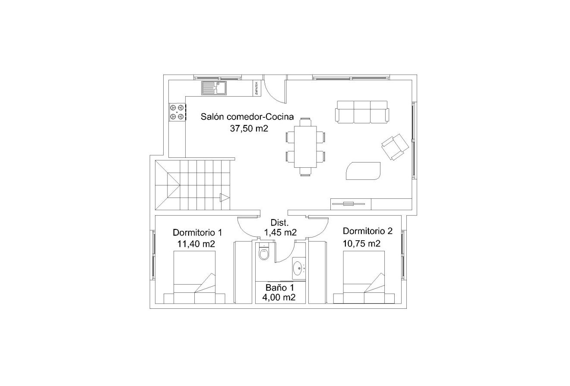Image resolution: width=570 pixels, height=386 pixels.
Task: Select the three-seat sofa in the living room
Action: pyautogui.click(x=362, y=112)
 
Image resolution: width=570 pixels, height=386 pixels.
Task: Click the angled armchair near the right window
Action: pyautogui.click(x=395, y=147)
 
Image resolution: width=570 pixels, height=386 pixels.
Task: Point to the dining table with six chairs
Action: pyautogui.click(x=305, y=147)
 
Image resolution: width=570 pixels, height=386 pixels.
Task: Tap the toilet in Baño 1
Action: pyautogui.click(x=263, y=253)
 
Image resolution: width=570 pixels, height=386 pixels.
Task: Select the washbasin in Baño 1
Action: pyautogui.click(x=298, y=269)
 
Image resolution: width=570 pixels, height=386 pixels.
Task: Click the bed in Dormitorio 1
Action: pyautogui.click(x=194, y=278)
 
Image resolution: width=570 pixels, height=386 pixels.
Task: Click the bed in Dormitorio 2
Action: pyautogui.click(x=364, y=278)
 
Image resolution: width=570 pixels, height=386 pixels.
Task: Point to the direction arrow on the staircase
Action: pyautogui.click(x=225, y=198)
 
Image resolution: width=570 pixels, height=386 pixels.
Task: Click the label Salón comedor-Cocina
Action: pyautogui.click(x=247, y=116)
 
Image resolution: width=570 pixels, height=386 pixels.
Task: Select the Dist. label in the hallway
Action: pyautogui.click(x=279, y=223)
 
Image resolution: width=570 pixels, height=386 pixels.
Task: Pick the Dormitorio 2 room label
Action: pyautogui.click(x=367, y=231)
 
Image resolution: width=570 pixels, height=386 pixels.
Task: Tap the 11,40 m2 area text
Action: pyautogui.click(x=196, y=244)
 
